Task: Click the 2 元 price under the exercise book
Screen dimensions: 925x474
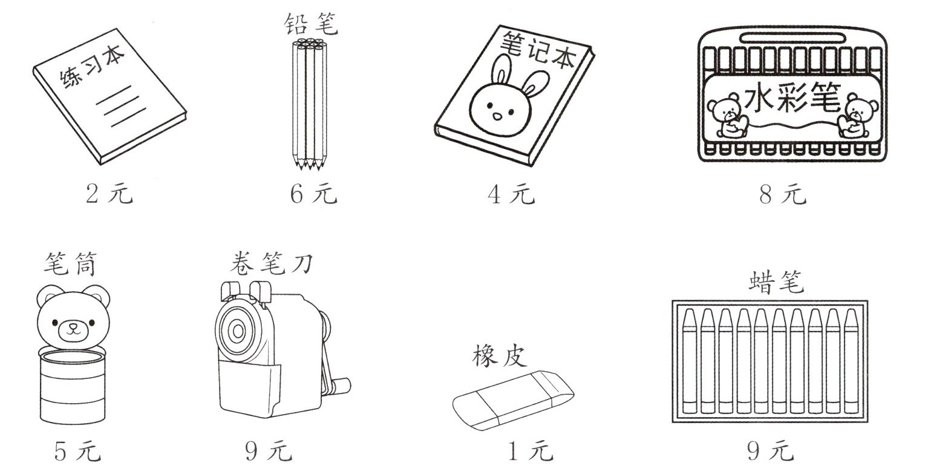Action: pyautogui.click(x=109, y=193)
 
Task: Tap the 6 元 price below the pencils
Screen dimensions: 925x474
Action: pyautogui.click(x=313, y=193)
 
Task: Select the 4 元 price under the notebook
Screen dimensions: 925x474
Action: pyautogui.click(x=511, y=193)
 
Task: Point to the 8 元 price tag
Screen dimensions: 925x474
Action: pyautogui.click(x=783, y=193)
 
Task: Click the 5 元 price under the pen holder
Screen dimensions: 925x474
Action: pyautogui.click(x=77, y=451)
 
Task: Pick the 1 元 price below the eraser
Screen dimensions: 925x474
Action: pyautogui.click(x=530, y=451)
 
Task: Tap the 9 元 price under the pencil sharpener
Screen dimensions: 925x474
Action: pyautogui.click(x=269, y=451)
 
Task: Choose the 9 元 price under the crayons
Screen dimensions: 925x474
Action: pyautogui.click(x=771, y=451)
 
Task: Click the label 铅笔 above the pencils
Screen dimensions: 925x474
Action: pyautogui.click(x=311, y=24)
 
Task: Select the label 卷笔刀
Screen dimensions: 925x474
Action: pyautogui.click(x=271, y=263)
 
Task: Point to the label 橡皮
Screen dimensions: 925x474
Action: pyautogui.click(x=500, y=356)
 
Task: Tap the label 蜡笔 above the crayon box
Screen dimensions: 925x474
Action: pyautogui.click(x=776, y=282)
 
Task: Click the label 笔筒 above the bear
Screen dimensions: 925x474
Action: pyautogui.click(x=71, y=264)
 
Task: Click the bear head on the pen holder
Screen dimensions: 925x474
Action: pyautogui.click(x=74, y=321)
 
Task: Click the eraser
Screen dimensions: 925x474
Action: pyautogui.click(x=513, y=400)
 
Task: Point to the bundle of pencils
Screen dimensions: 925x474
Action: pyautogui.click(x=310, y=104)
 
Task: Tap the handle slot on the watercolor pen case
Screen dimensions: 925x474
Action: pyautogui.click(x=792, y=38)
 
